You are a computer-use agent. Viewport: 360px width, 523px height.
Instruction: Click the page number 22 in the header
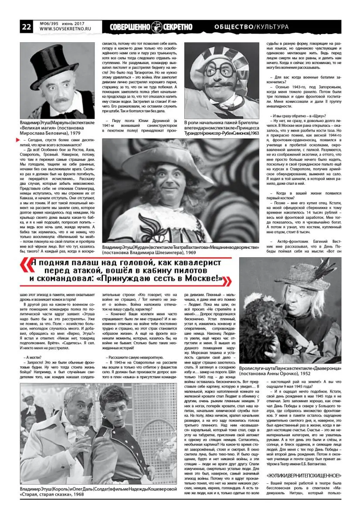pyautogui.click(x=26, y=27)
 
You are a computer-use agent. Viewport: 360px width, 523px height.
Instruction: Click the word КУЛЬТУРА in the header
pyautogui.click(x=272, y=27)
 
